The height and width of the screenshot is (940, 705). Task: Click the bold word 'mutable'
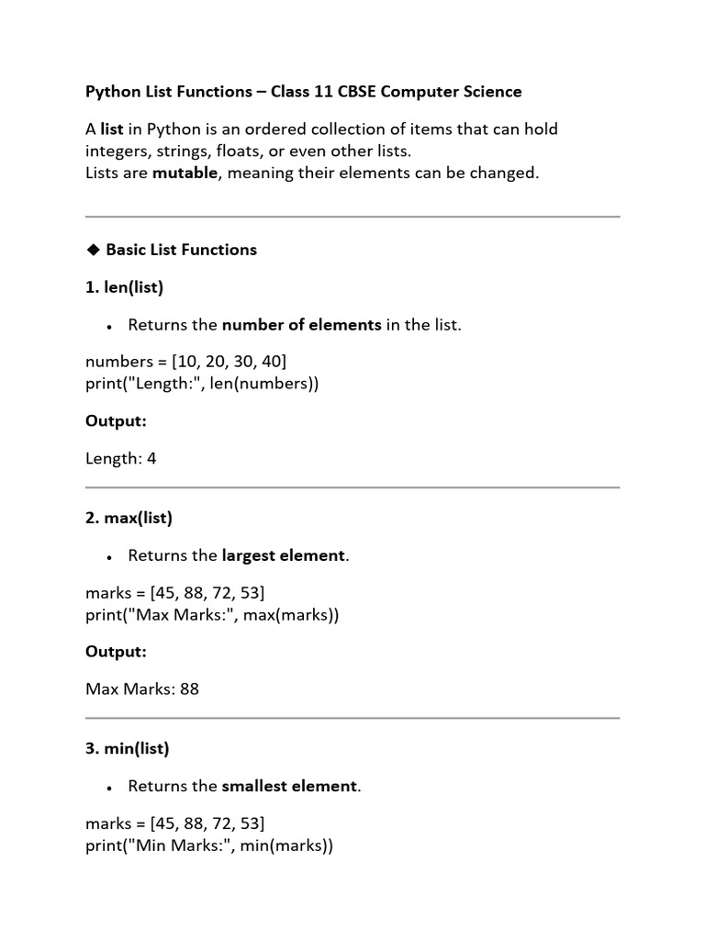[x=186, y=173]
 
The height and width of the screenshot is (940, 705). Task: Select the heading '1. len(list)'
[x=124, y=287]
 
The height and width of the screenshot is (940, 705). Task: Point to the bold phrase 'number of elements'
[x=302, y=325]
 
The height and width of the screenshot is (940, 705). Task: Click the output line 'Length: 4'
[x=121, y=458]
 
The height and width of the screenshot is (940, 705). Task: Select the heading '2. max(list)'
[x=129, y=518]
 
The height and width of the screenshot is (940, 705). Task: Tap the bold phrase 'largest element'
[x=284, y=555]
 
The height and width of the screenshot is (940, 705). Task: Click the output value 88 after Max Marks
[x=189, y=688]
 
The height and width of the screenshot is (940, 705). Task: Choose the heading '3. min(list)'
[x=128, y=748]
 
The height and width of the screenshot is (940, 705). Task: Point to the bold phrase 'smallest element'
[x=289, y=786]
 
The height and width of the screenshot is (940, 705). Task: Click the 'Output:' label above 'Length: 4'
[x=117, y=420]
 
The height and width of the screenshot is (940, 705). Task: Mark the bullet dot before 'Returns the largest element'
[x=109, y=557]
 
